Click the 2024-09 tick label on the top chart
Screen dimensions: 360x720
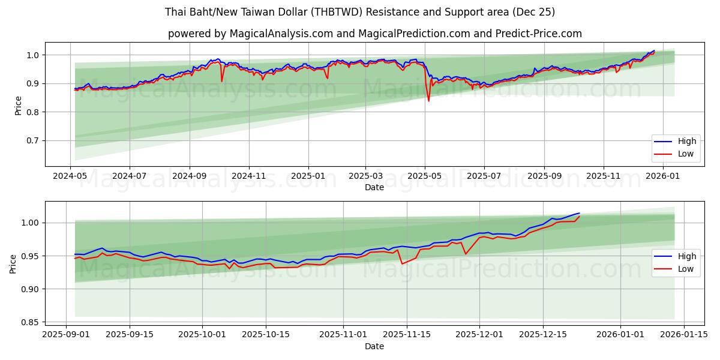pyautogui.click(x=190, y=176)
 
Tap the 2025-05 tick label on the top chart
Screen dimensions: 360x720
pyautogui.click(x=425, y=176)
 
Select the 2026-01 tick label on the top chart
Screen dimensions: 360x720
pyautogui.click(x=662, y=176)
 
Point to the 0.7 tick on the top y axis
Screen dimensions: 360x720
pyautogui.click(x=31, y=140)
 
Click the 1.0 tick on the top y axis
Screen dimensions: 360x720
pyautogui.click(x=31, y=55)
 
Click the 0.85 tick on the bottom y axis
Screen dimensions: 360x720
pyautogui.click(x=28, y=322)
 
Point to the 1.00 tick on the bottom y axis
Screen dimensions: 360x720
pyautogui.click(x=28, y=223)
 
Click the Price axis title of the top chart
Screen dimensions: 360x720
pyautogui.click(x=18, y=104)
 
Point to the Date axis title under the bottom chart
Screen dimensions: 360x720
pyautogui.click(x=374, y=346)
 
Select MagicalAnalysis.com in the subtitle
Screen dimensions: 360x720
pyautogui.click(x=281, y=34)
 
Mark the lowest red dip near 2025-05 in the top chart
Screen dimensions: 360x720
pyautogui.click(x=428, y=100)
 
